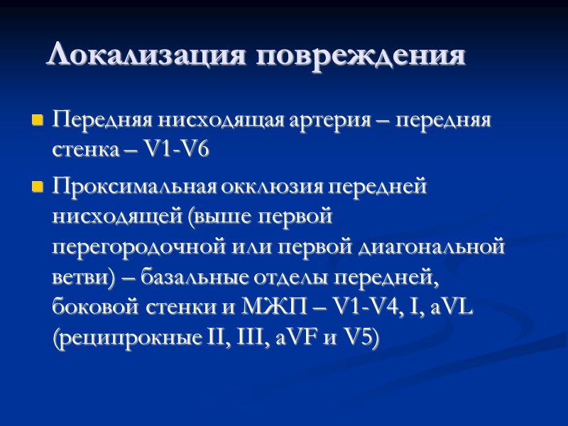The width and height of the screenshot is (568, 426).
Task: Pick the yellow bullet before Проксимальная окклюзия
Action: pyautogui.click(x=38, y=188)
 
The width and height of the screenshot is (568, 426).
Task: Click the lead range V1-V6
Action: pyautogui.click(x=177, y=150)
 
